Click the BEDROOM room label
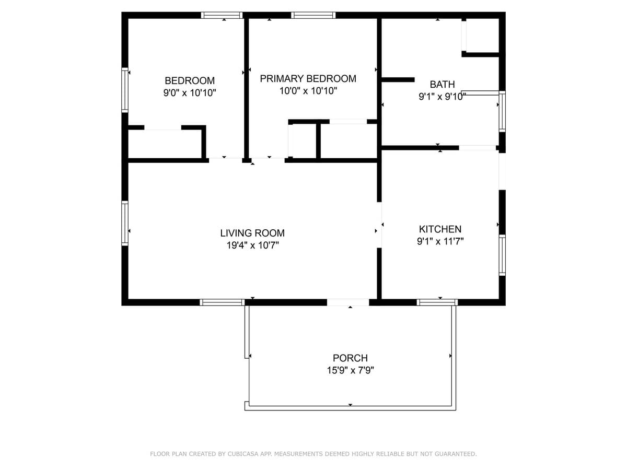[x=190, y=80]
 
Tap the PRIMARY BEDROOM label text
[x=308, y=79]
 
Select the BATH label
[x=442, y=84]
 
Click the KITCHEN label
[x=440, y=229]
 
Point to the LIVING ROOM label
[x=252, y=233]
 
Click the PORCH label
[x=350, y=358]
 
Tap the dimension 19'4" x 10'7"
[x=252, y=245]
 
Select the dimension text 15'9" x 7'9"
[x=350, y=370]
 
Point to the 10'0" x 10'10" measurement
[x=308, y=91]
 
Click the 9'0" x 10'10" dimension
[x=190, y=93]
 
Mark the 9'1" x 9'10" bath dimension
[x=442, y=97]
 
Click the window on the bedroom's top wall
[x=222, y=15]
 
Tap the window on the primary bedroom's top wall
[x=313, y=15]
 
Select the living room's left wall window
[x=125, y=223]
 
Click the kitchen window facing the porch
[x=437, y=302]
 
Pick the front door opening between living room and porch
[x=348, y=302]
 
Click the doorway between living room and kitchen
[x=379, y=225]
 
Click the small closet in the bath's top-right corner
[x=482, y=36]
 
